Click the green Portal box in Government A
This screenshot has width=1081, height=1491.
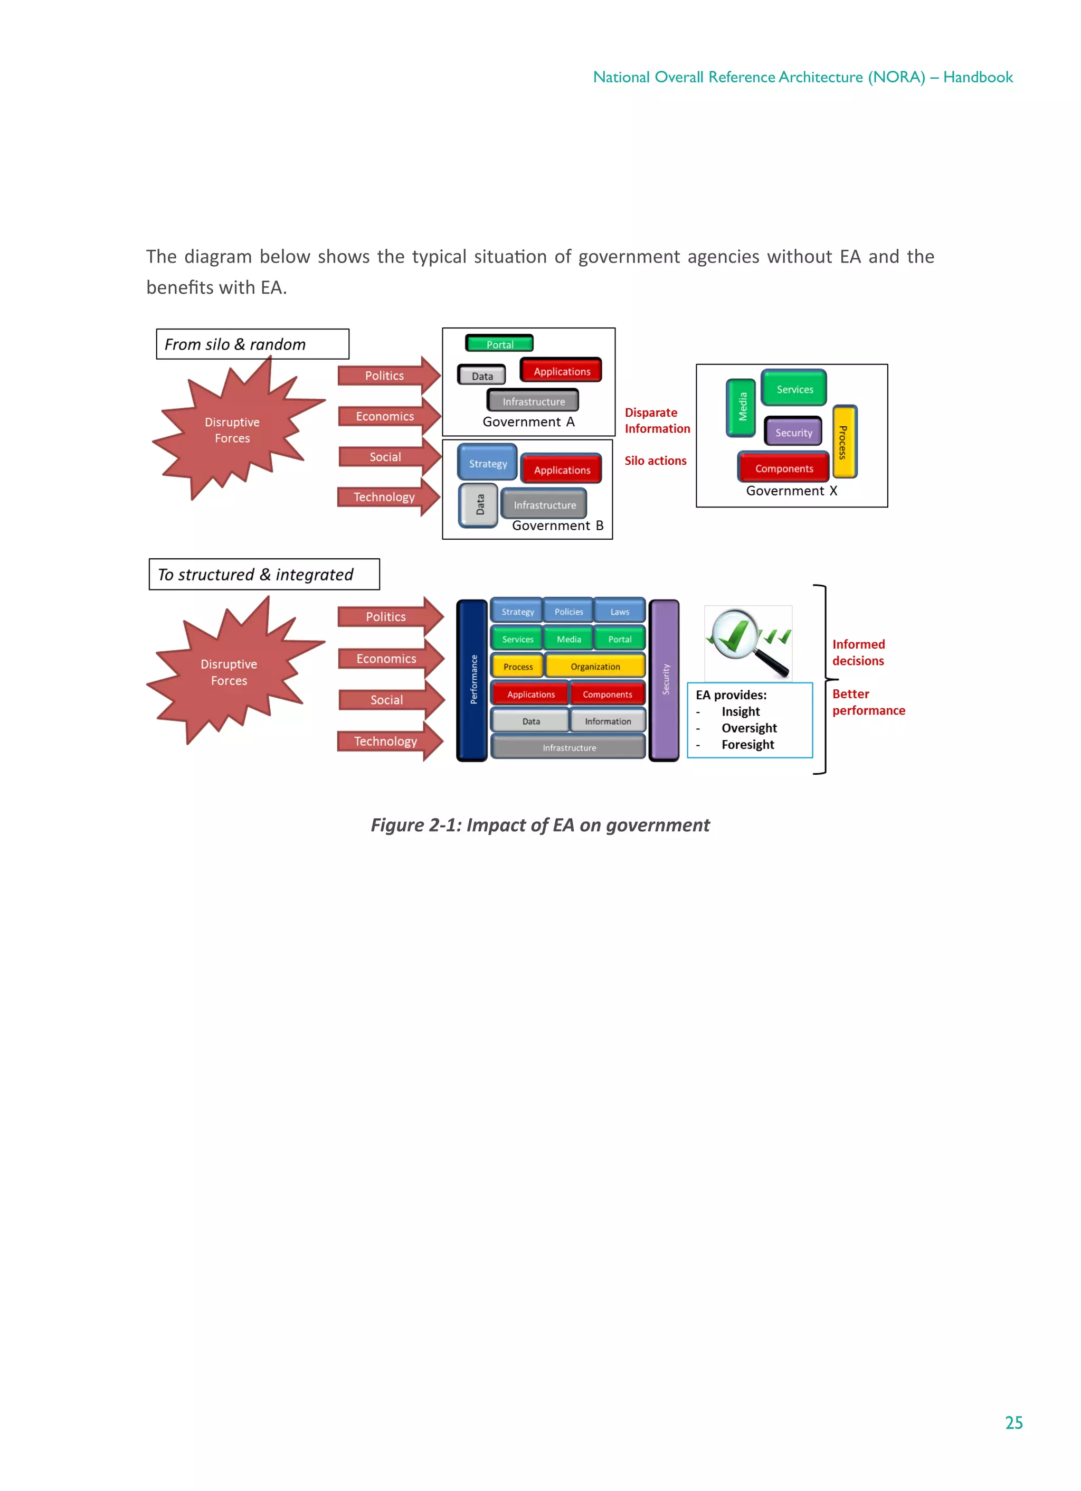tap(499, 344)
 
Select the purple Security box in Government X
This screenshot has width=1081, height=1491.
tap(793, 432)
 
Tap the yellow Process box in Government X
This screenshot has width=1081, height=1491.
tap(844, 441)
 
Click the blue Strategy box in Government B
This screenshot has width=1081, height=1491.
tap(488, 463)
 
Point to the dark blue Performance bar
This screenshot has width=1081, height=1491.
tap(472, 680)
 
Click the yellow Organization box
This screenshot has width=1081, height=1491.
tap(595, 666)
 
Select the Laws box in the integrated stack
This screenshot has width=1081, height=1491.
tap(619, 611)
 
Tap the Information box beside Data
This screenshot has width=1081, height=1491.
tap(607, 720)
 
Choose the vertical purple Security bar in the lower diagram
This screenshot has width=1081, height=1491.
tap(665, 680)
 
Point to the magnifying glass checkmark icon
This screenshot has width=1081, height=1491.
tap(748, 642)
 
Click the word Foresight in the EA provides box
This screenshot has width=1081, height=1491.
tap(747, 744)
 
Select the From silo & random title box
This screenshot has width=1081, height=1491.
tap(252, 344)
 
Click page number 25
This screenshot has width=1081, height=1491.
tap(1013, 1422)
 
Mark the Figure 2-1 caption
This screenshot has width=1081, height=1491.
tap(540, 825)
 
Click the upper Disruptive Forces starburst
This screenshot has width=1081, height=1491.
tap(233, 430)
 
